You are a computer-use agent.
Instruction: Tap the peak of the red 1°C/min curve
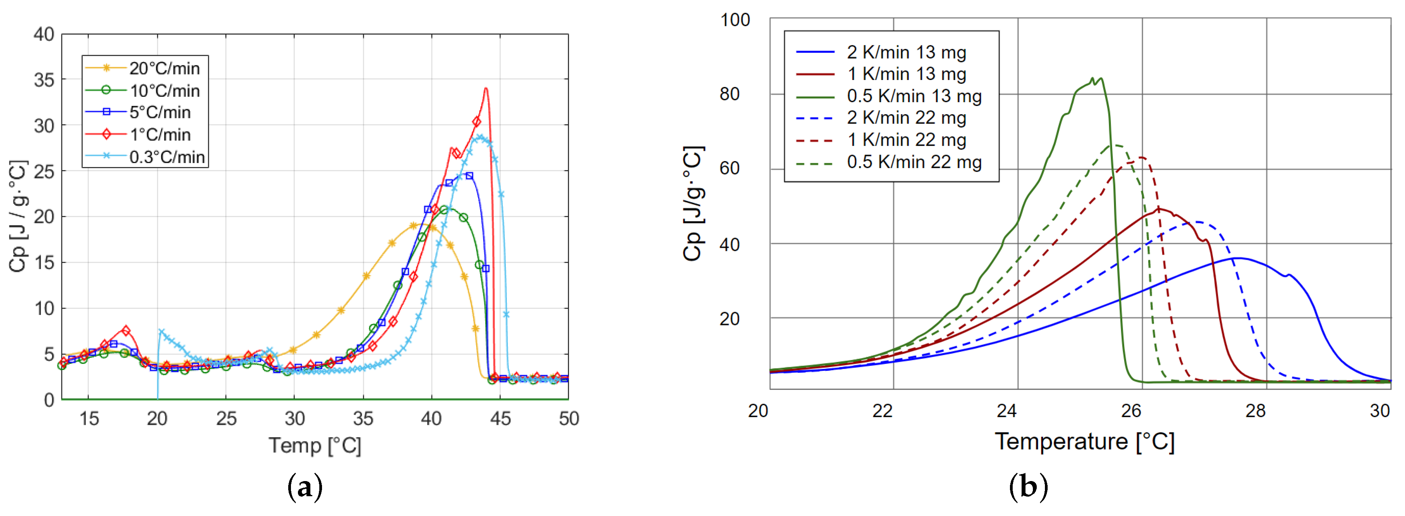pos(486,88)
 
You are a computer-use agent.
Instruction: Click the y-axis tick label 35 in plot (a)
pos(44,80)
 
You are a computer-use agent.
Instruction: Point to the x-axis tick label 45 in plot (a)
pos(500,419)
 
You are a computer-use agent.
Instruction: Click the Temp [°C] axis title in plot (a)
pos(315,446)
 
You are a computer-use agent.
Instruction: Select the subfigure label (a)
pos(304,486)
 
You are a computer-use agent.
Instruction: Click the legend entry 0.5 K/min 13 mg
pos(914,96)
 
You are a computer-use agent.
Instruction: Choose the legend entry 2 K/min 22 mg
pos(906,118)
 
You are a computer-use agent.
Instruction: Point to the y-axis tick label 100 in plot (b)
pos(735,20)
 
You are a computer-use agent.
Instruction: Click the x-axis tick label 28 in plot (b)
pos(1255,411)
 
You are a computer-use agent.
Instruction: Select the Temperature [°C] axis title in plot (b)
pos(1084,441)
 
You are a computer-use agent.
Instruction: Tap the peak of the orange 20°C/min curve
pos(421,224)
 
